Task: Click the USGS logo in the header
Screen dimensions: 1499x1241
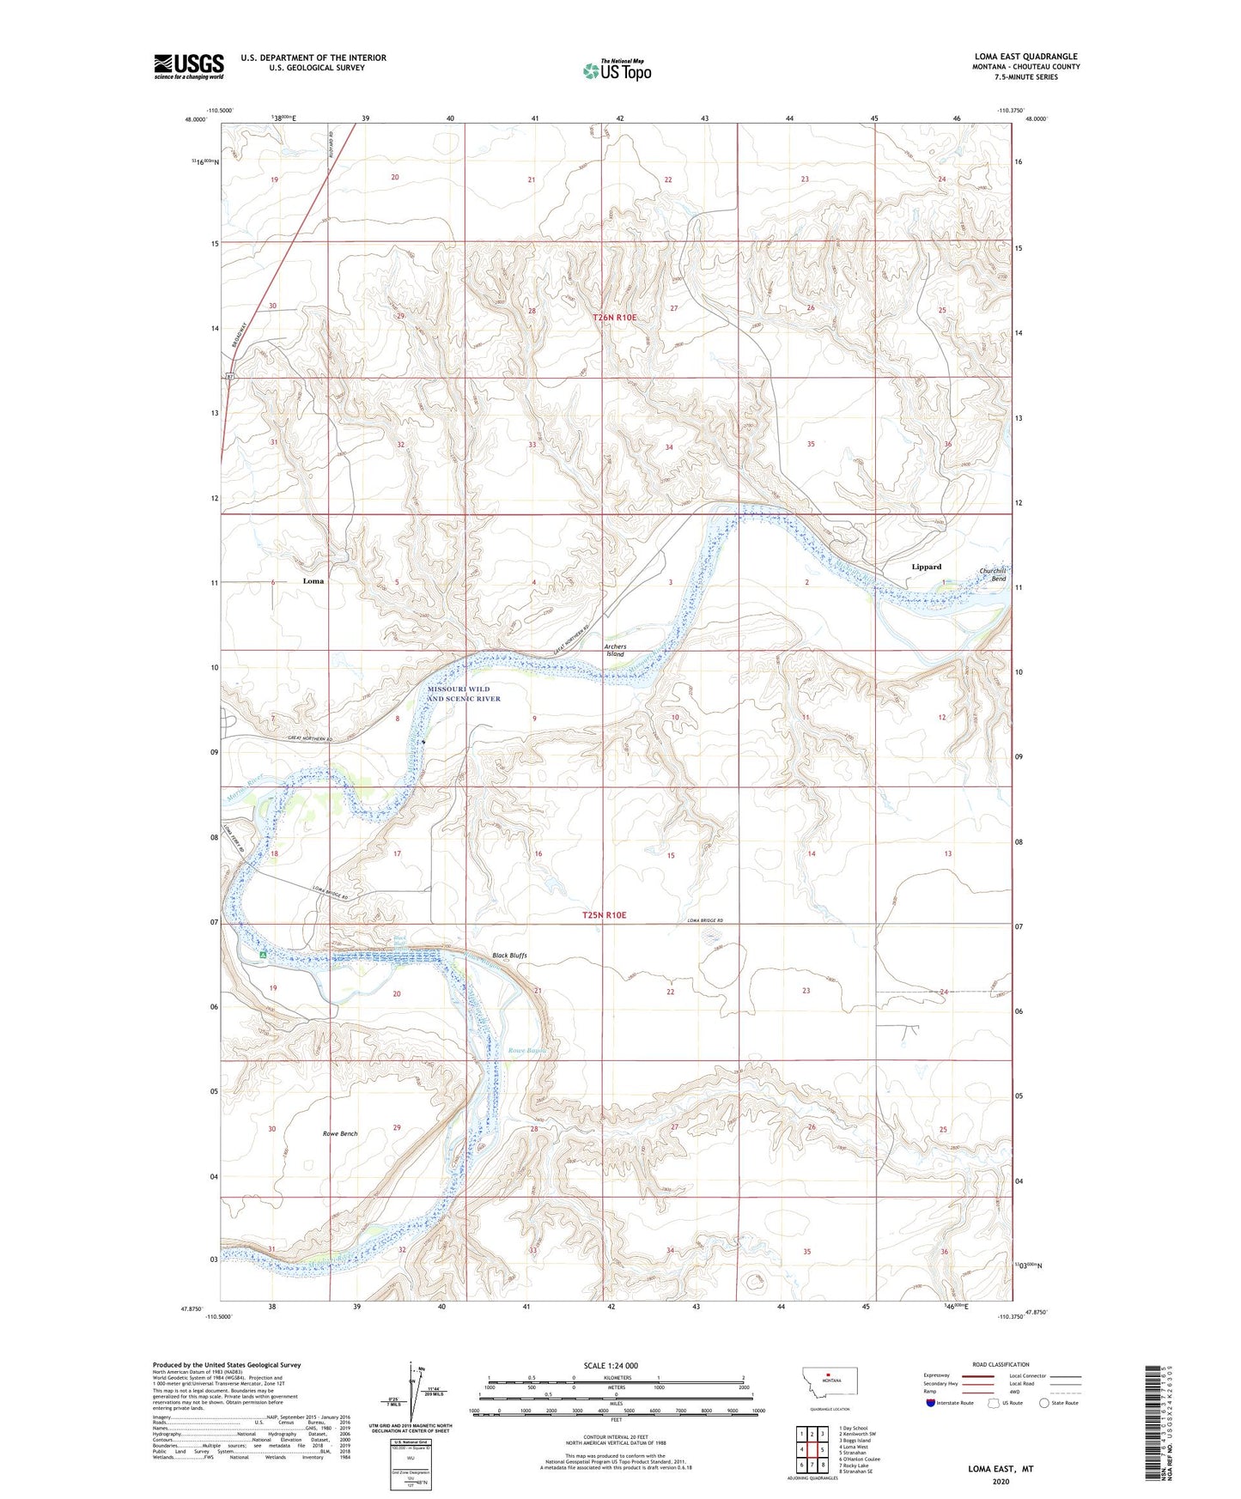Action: point(188,66)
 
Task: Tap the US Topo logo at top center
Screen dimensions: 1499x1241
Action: point(616,70)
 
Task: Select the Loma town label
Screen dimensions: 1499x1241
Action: point(313,581)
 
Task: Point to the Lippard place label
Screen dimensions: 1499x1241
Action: point(926,567)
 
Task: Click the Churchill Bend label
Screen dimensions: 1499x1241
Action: point(993,574)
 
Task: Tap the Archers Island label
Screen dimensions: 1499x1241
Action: point(615,650)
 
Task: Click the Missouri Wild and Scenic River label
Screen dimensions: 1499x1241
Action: point(464,694)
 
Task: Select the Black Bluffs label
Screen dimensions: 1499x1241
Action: point(509,955)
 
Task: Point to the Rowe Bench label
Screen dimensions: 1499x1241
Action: point(340,1133)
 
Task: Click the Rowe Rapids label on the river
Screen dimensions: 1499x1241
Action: point(526,1050)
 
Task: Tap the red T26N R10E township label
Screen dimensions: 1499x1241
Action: point(615,318)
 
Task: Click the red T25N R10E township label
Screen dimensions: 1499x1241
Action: point(605,916)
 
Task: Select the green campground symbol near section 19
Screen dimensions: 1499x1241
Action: point(264,954)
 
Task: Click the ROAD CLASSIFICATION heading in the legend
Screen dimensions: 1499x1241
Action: point(1001,1364)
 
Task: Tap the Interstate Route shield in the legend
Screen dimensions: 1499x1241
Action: point(931,1403)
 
